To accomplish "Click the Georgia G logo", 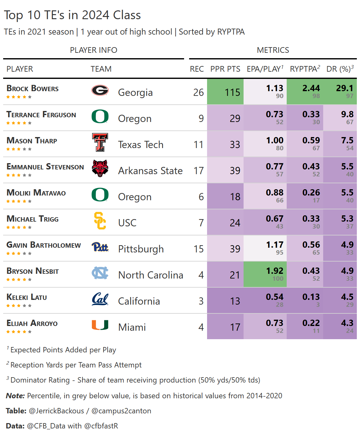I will (100, 91).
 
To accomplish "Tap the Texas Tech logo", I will (100, 142).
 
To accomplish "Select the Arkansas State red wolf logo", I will (100, 168).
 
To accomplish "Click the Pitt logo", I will (100, 247).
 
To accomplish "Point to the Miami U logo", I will (100, 325).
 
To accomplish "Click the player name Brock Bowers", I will (32, 89).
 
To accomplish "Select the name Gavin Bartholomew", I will (44, 245).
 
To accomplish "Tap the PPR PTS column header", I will (225, 69).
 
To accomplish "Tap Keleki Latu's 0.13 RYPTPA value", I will (311, 297).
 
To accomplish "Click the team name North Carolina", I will (150, 275).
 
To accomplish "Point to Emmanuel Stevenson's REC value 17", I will (199, 171).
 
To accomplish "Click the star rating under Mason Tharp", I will (19, 149).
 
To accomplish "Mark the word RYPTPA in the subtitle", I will (231, 32).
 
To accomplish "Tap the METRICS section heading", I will (273, 50).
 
